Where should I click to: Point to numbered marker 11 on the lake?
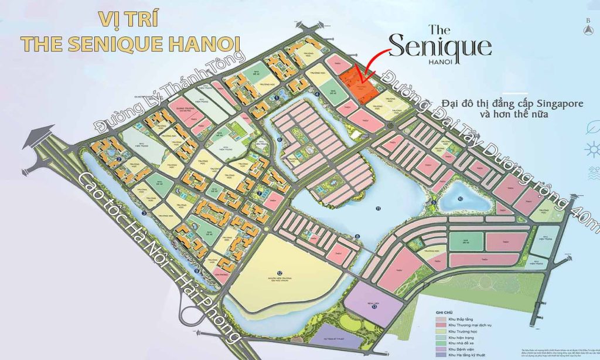pyautogui.click(x=379, y=208)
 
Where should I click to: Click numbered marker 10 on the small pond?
pyautogui.click(x=461, y=199)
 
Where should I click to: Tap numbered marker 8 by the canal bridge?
pyautogui.click(x=357, y=236)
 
